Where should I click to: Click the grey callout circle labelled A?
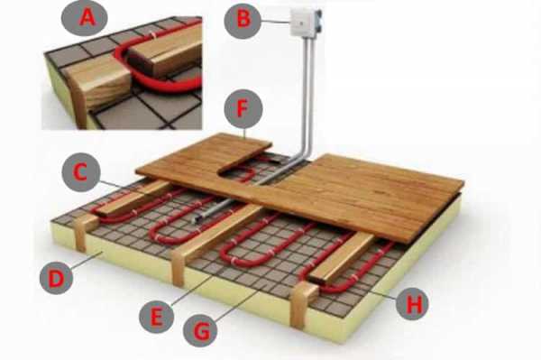[85, 18]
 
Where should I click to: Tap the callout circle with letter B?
[243, 20]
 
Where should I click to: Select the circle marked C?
[81, 172]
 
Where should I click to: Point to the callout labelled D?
[56, 278]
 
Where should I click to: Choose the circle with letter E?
[156, 316]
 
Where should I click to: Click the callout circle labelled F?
[243, 109]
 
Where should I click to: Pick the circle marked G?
[200, 330]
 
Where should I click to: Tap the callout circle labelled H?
[412, 304]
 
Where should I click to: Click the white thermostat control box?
[305, 22]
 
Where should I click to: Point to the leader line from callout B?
[276, 22]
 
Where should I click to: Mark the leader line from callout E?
[190, 290]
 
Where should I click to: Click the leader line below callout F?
[244, 134]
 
